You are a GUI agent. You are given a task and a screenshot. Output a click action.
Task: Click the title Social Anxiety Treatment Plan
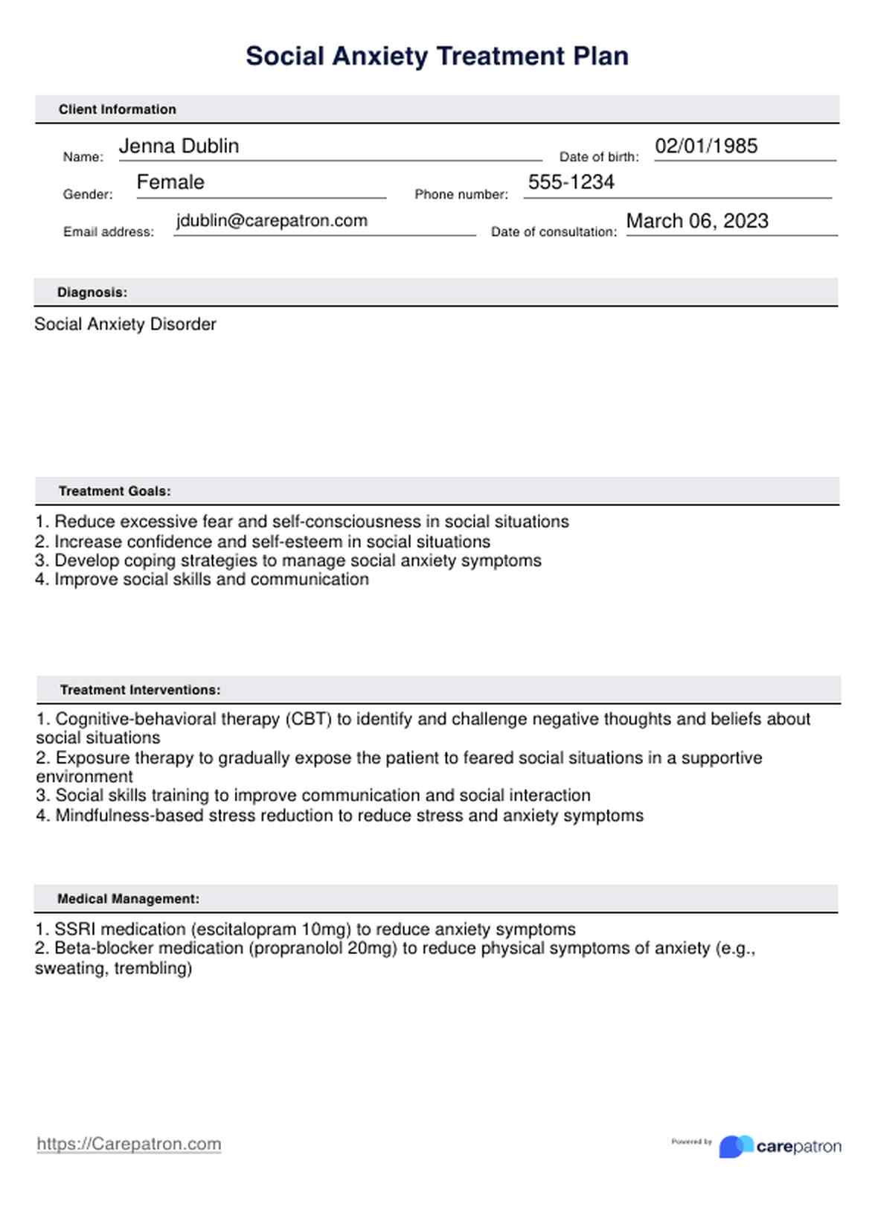tap(437, 57)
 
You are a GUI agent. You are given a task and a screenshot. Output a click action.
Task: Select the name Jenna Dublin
tap(179, 146)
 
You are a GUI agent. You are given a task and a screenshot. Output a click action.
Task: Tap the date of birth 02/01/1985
tap(706, 146)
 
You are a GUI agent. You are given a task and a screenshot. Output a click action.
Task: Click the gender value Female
tap(170, 182)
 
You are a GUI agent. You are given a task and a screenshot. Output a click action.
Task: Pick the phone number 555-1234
tap(571, 182)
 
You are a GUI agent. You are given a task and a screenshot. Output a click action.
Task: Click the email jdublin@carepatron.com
tap(272, 221)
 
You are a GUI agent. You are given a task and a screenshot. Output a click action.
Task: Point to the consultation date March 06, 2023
tap(697, 221)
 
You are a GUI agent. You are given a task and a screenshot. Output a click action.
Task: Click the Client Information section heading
tap(118, 109)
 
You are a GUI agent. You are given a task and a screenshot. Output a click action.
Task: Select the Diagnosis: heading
tap(92, 292)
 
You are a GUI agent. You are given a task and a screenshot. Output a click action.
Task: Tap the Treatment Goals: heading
tap(115, 491)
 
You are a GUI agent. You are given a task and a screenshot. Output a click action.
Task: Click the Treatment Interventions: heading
tap(140, 690)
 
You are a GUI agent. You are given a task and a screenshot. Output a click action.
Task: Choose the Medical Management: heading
tap(128, 899)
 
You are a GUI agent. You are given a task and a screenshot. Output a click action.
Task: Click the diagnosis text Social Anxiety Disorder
tap(125, 324)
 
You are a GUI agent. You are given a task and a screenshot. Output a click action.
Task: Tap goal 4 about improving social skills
tap(202, 580)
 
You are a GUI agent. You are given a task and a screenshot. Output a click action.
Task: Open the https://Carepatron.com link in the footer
tap(129, 1144)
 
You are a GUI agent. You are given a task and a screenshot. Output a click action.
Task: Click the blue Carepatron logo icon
tap(734, 1146)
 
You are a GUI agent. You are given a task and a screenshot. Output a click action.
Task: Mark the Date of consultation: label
tap(554, 232)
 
